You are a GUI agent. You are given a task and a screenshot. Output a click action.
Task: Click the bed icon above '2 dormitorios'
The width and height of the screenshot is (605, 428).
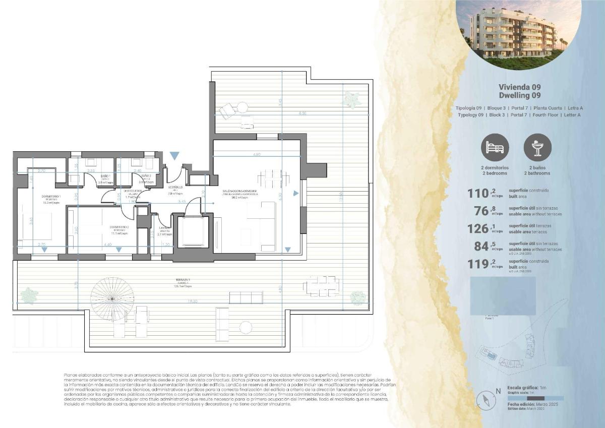(x=495, y=148)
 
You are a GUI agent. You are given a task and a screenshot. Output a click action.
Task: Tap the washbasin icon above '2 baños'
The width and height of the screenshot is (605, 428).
(x=538, y=148)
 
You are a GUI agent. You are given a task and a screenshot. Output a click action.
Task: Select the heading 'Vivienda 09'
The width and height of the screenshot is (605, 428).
(x=519, y=87)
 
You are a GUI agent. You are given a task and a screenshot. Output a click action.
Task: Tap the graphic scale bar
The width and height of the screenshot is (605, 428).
(x=535, y=398)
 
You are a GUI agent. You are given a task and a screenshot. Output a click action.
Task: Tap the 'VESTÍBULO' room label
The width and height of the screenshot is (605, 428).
(x=175, y=187)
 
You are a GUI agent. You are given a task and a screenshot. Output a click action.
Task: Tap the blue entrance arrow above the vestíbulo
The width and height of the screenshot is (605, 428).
(x=174, y=156)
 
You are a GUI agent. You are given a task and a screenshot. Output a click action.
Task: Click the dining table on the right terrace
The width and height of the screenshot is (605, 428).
(x=321, y=287)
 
